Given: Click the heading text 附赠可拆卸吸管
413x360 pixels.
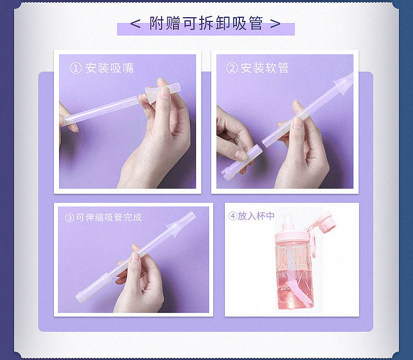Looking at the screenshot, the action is [x=206, y=23].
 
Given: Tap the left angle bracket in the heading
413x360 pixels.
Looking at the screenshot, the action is [x=135, y=24].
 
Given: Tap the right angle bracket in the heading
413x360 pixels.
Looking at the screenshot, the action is [x=275, y=24].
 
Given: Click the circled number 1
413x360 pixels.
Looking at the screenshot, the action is [x=75, y=68].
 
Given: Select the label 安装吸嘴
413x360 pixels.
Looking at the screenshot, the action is [x=110, y=68].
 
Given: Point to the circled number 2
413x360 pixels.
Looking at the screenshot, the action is [x=232, y=68].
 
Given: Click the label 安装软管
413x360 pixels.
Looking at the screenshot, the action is [x=265, y=68].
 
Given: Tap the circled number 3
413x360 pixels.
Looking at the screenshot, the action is [x=70, y=218].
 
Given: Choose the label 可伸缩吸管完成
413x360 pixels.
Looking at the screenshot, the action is [x=109, y=217].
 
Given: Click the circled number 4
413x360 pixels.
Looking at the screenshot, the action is [x=233, y=216].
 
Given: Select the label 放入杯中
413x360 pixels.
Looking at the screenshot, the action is [x=256, y=216].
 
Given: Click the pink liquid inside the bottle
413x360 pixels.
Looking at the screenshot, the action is [x=295, y=289].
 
